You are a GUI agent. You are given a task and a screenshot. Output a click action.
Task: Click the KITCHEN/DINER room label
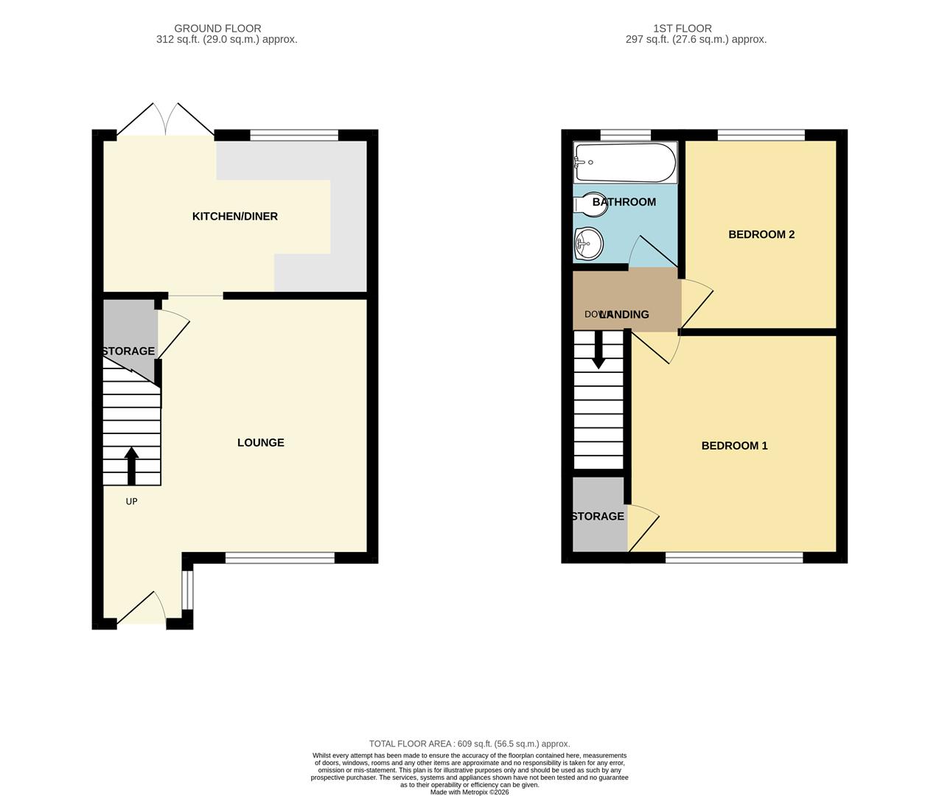click(234, 216)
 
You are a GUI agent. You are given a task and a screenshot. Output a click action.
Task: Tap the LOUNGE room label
click(260, 442)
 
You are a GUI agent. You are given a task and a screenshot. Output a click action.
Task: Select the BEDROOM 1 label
click(734, 445)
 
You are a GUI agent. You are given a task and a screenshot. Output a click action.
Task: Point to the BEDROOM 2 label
click(761, 234)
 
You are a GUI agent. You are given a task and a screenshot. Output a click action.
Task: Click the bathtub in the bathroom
click(625, 162)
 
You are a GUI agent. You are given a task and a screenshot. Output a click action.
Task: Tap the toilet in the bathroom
click(593, 204)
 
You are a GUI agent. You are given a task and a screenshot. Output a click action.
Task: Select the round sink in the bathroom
click(588, 242)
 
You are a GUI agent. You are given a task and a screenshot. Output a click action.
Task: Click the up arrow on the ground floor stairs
click(132, 465)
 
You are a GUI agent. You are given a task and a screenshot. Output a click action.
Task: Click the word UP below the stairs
click(132, 501)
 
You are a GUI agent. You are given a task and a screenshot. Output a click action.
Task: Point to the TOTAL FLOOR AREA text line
click(469, 744)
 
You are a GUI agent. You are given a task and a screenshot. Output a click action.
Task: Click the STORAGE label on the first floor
click(598, 516)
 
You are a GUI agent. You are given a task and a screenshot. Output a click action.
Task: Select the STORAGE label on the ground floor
click(129, 351)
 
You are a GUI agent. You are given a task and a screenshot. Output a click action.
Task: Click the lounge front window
click(279, 558)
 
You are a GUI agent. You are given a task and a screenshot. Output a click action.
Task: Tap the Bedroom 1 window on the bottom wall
click(733, 558)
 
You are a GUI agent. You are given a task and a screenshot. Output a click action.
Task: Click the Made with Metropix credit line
click(469, 792)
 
